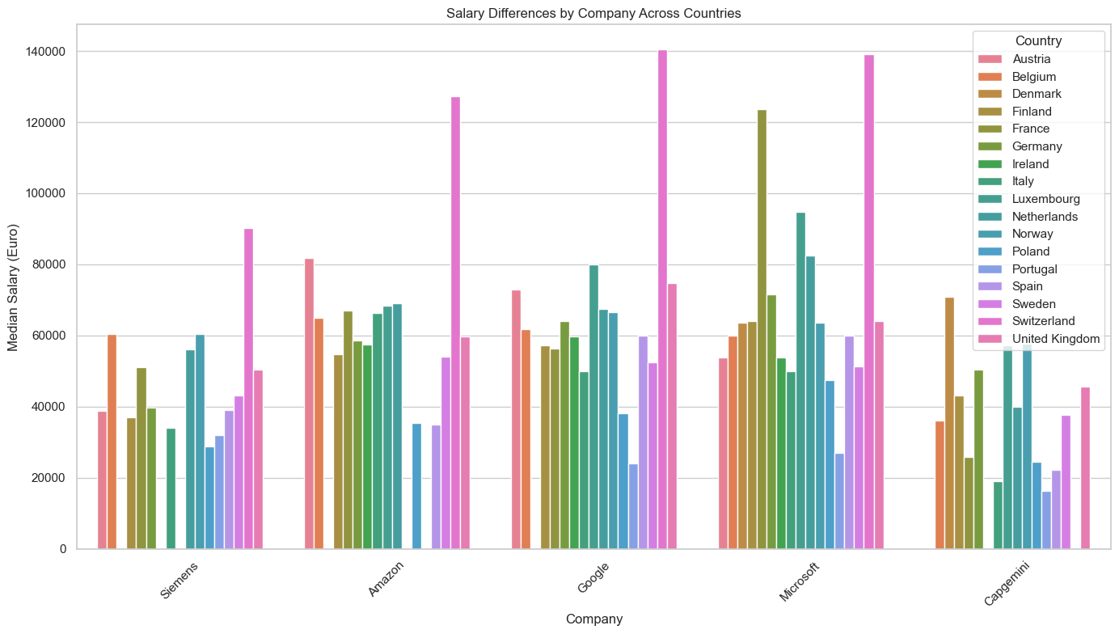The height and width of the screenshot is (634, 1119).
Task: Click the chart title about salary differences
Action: point(559,13)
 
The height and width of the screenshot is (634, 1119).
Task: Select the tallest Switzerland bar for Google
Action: point(662,299)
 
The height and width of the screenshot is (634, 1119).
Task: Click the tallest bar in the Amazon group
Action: point(455,323)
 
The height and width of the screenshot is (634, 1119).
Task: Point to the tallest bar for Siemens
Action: point(248,389)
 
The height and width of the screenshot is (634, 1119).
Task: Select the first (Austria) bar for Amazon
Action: point(309,404)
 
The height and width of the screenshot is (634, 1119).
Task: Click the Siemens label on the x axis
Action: point(179,581)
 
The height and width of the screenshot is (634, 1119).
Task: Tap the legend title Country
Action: point(1038,40)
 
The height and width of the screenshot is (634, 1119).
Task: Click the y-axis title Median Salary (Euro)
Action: point(13,286)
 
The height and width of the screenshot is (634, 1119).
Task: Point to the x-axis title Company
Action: point(594,619)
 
